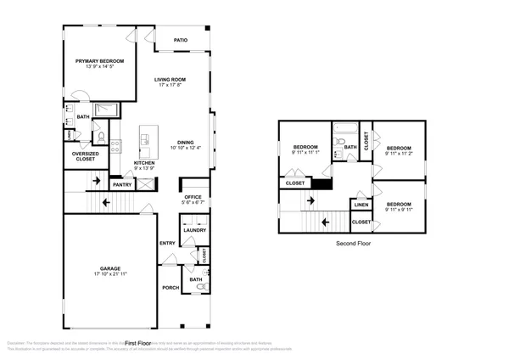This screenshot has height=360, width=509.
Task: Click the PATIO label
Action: click(181, 40)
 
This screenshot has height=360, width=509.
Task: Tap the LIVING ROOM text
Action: click(170, 80)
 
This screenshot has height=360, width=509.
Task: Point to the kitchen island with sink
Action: click(148, 135)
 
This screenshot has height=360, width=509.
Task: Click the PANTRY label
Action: click(122, 184)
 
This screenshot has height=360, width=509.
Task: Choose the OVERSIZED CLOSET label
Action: click(84, 156)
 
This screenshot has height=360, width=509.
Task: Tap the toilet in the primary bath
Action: click(99, 136)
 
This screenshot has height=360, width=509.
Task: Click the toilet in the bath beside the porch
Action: click(201, 290)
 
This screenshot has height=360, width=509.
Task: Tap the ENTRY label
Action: click(167, 244)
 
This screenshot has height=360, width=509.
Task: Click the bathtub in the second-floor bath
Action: click(346, 130)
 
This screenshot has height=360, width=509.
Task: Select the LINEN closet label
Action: click(361, 205)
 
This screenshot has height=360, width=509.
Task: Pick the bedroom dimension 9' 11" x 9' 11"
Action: click(399, 210)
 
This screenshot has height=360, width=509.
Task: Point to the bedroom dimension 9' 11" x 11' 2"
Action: click(399, 154)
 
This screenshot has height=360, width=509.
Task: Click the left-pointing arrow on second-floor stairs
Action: click(324, 222)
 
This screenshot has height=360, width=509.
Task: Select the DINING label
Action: click(186, 142)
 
